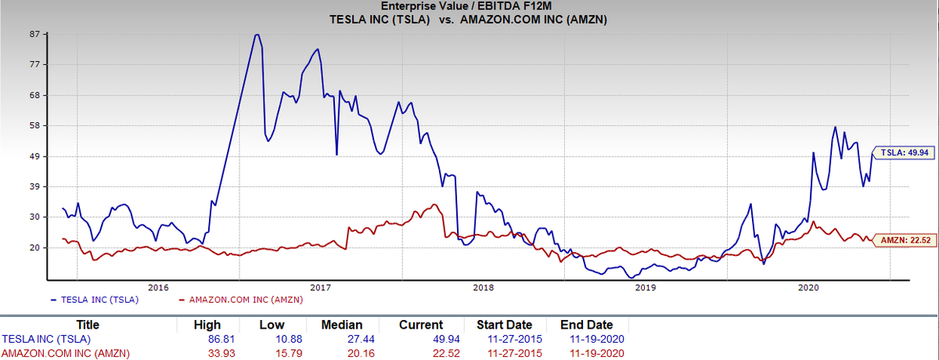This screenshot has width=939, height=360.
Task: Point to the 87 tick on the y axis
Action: [34, 34]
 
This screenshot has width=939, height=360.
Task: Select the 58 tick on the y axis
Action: [34, 126]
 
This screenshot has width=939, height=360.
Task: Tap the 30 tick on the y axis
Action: [34, 217]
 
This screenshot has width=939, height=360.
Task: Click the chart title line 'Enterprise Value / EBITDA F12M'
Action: [469, 6]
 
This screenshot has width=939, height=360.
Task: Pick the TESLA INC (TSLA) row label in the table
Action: [46, 339]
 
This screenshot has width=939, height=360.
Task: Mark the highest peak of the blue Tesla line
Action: [257, 34]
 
